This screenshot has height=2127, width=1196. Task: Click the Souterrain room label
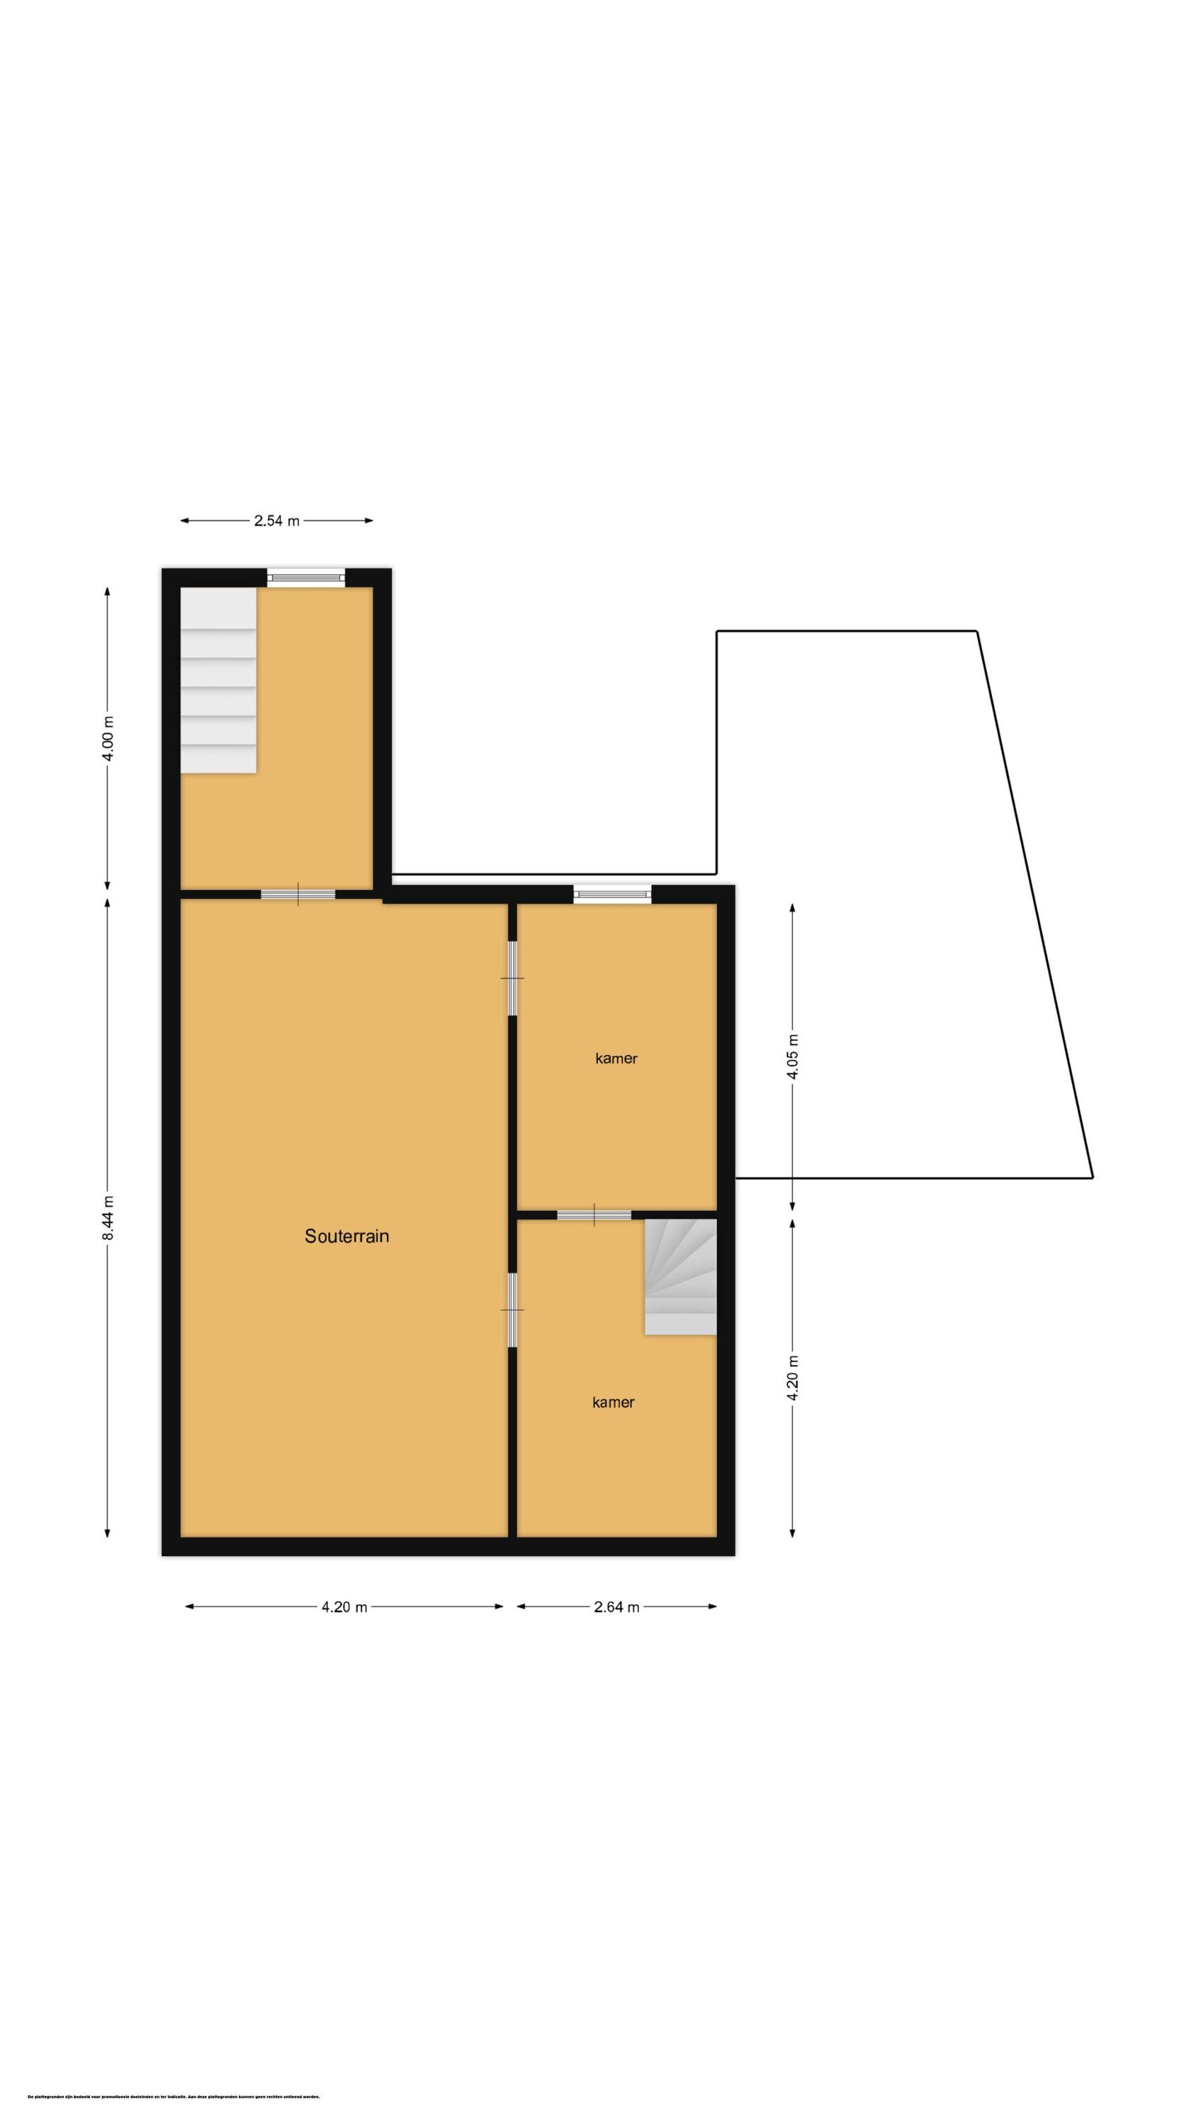346,1236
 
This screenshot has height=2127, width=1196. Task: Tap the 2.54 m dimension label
276,521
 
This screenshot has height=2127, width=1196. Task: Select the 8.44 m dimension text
108,1217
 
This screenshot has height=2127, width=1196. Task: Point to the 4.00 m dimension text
108,739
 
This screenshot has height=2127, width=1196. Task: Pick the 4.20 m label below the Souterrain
344,1607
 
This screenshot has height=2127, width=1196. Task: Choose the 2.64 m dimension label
616,1607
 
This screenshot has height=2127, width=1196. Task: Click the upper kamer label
616,1059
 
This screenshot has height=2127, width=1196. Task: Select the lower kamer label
614,1402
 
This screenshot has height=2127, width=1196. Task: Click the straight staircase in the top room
219,681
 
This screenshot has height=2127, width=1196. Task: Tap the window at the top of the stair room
305,578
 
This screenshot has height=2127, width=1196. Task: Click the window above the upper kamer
612,894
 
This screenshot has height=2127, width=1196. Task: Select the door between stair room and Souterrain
298,894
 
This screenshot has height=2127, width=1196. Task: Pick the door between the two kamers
594,1215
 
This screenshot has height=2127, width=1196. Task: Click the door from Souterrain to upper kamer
512,978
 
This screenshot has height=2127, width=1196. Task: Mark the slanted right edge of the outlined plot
1035,904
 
